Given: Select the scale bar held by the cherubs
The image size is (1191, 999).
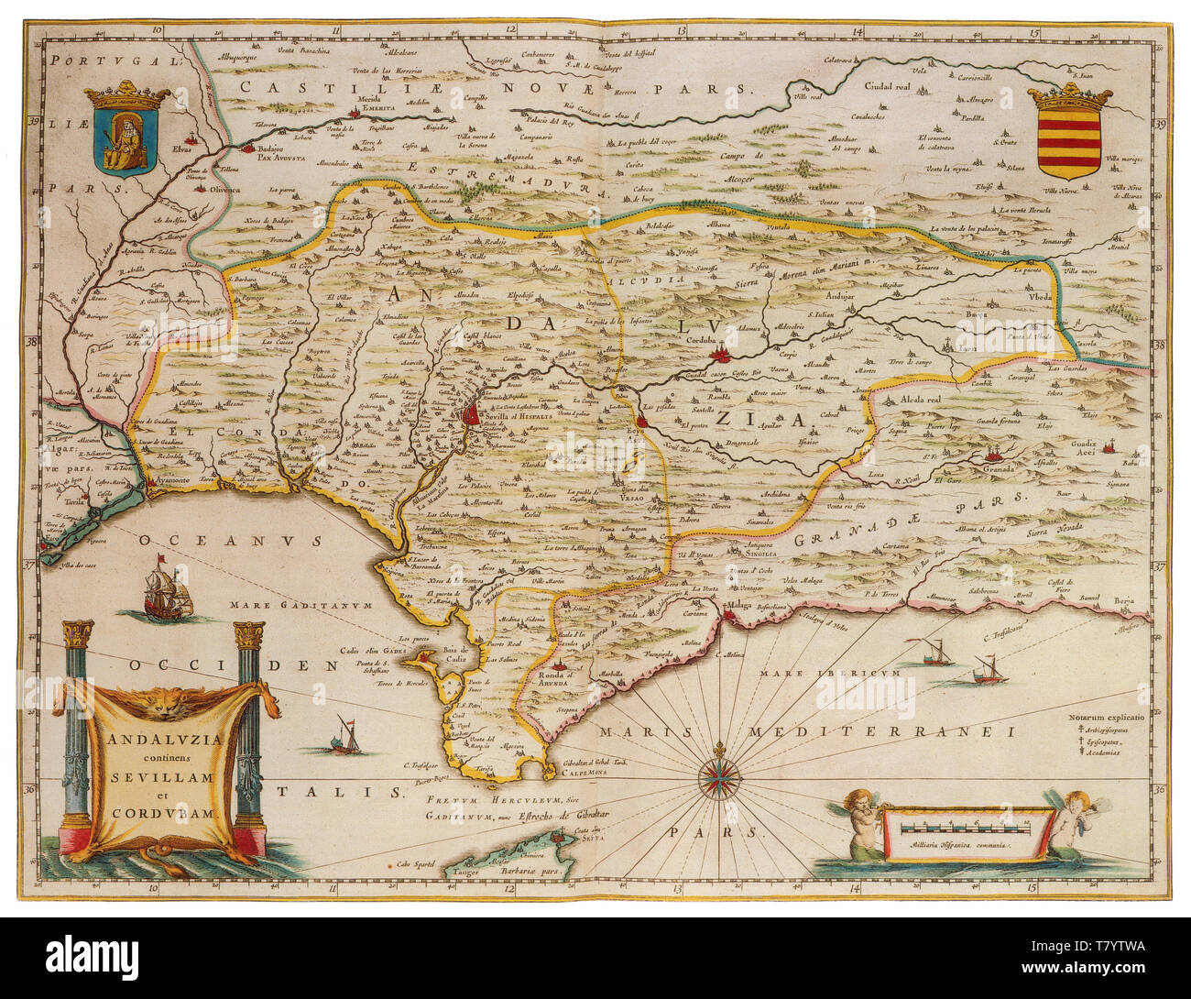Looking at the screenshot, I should tap(967, 828).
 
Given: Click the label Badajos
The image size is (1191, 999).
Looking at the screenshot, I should tap(272, 145).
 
